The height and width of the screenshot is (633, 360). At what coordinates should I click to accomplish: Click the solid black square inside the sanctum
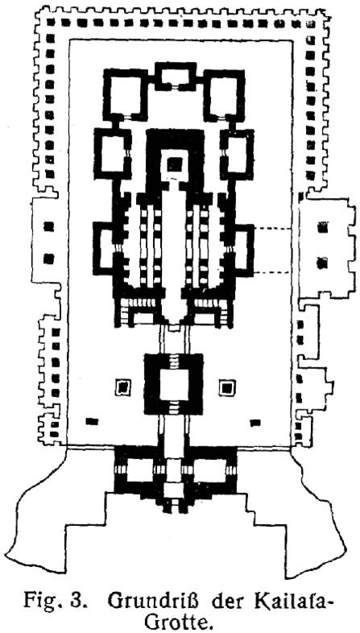point(174,165)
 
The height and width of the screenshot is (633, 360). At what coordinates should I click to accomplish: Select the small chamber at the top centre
point(175,76)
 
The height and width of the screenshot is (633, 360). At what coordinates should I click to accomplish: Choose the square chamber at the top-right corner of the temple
point(224,95)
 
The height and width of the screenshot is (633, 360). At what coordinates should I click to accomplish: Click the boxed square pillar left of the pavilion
point(122,388)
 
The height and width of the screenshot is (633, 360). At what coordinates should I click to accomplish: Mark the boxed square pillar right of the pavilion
point(227,388)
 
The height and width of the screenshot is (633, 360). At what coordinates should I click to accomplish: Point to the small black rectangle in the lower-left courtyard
point(92,422)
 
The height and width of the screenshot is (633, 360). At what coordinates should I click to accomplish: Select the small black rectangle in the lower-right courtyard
point(255,423)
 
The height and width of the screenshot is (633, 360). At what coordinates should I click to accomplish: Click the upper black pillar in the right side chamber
point(322,228)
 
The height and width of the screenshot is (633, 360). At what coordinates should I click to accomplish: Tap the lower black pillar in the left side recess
point(48,259)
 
